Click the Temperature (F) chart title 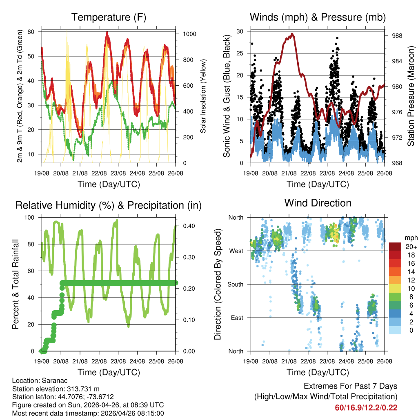(x=109, y=18)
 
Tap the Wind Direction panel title (x=318, y=203)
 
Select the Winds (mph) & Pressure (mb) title (x=318, y=18)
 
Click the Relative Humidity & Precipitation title (x=109, y=205)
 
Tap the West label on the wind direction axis (x=236, y=251)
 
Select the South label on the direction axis (x=235, y=284)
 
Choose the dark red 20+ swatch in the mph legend (x=395, y=246)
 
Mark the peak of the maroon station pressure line (x=292, y=33)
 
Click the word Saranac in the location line (x=51, y=380)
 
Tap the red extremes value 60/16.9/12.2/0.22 (x=366, y=408)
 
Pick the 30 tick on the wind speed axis (x=240, y=31)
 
